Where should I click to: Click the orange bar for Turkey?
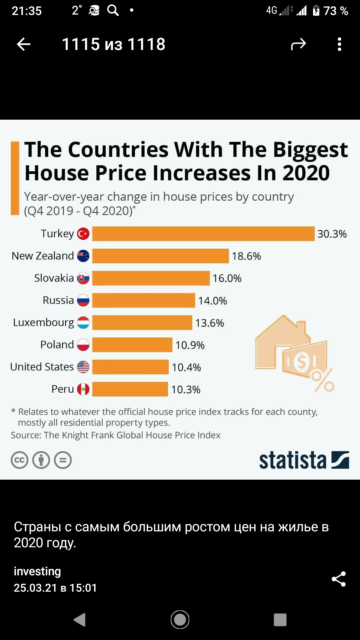tap(203, 234)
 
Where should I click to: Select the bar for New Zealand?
tap(161, 256)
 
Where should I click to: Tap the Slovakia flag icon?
tap(83, 278)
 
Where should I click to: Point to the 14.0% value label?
tap(213, 301)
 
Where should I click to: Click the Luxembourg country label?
tap(43, 323)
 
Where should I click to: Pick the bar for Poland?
tap(132, 345)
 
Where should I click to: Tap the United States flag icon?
tap(83, 367)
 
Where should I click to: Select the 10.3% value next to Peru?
tap(186, 389)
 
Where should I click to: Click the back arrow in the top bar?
tap(24, 44)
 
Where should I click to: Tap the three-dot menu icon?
tap(339, 44)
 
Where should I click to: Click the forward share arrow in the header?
tap(298, 44)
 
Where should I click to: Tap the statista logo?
tap(304, 460)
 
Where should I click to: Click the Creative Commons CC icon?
tap(20, 460)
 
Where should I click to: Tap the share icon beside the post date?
tap(339, 579)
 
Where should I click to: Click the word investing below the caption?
tap(37, 571)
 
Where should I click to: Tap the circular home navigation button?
tap(180, 620)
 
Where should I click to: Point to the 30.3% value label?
tap(332, 234)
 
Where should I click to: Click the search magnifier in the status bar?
tap(113, 10)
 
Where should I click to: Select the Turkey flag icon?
tap(83, 234)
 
